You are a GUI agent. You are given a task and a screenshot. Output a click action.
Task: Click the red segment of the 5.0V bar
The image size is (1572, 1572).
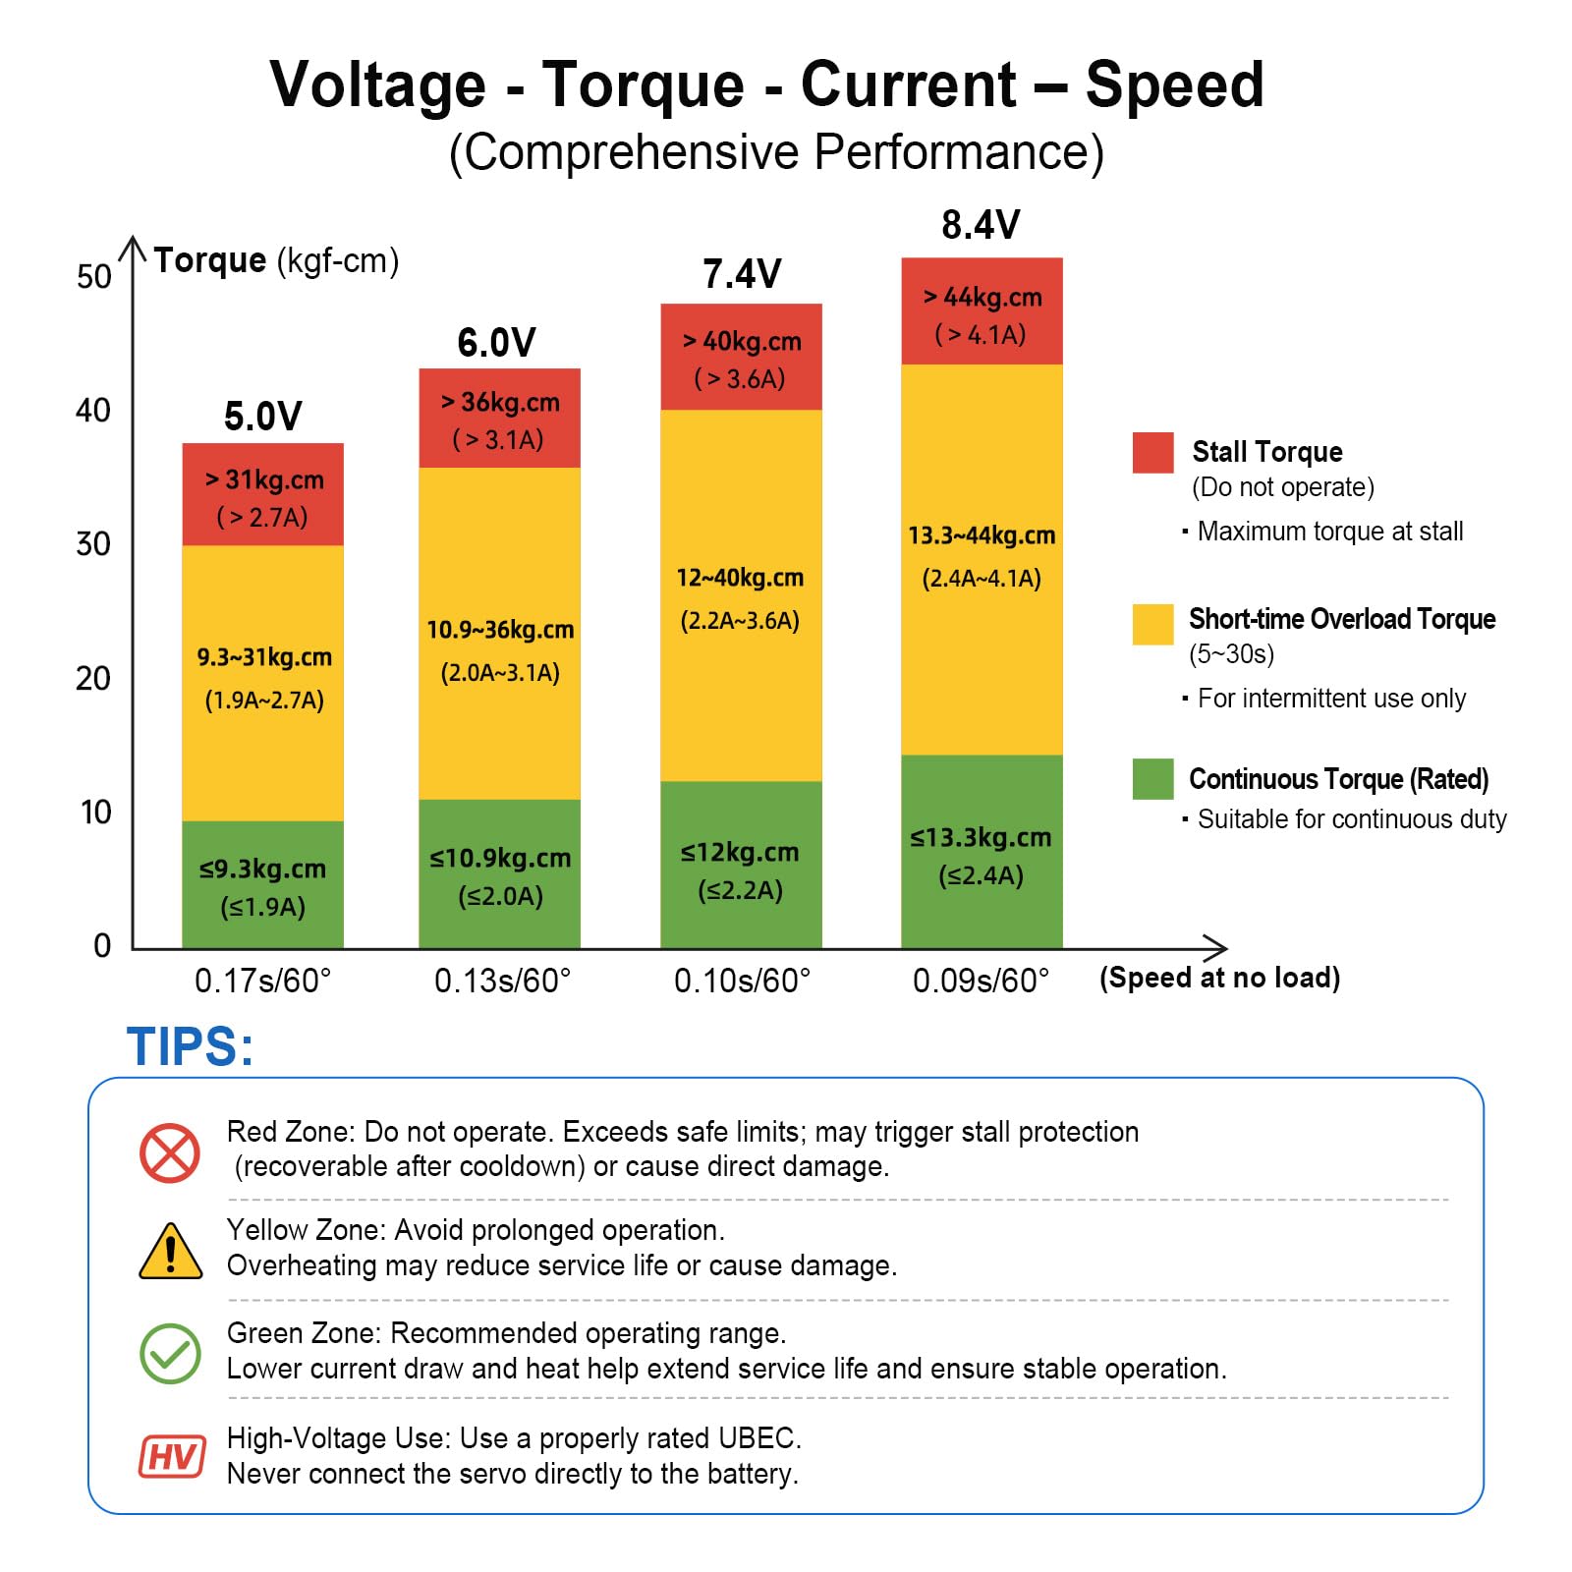[262, 494]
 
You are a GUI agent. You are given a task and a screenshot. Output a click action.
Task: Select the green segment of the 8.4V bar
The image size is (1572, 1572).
[982, 852]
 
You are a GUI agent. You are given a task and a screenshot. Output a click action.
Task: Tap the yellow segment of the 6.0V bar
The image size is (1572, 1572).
[499, 634]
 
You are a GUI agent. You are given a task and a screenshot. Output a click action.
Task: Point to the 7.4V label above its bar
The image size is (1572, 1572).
[742, 274]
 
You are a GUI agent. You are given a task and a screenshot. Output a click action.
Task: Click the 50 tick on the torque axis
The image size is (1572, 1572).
[94, 277]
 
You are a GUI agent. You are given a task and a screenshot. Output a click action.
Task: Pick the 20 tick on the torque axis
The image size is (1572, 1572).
[93, 678]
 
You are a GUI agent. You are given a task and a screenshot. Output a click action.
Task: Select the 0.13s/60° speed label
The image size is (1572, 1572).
[502, 981]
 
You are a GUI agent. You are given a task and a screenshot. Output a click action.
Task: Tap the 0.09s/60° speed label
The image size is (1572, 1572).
[981, 981]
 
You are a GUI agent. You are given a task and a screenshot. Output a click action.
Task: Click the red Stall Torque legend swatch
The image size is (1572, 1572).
[1152, 452]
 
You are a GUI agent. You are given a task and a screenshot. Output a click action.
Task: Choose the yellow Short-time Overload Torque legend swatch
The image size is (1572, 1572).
[1152, 624]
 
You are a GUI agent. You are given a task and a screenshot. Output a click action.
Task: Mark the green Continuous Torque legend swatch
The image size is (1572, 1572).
[1152, 779]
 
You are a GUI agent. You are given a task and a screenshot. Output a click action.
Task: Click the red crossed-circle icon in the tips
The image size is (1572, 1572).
[170, 1152]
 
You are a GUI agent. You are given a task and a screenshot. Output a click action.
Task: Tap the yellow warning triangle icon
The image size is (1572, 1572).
[171, 1251]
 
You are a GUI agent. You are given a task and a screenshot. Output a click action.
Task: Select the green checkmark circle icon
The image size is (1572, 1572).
[170, 1353]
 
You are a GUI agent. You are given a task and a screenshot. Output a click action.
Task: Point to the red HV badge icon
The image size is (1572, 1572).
[172, 1456]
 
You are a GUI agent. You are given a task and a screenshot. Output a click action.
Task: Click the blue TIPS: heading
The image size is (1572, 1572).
[190, 1046]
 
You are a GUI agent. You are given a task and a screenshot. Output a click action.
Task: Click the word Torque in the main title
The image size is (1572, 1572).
[643, 84]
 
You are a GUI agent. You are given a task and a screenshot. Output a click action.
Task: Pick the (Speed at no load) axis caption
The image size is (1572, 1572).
[1219, 978]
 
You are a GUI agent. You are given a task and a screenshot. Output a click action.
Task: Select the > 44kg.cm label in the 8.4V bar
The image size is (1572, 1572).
[982, 297]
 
